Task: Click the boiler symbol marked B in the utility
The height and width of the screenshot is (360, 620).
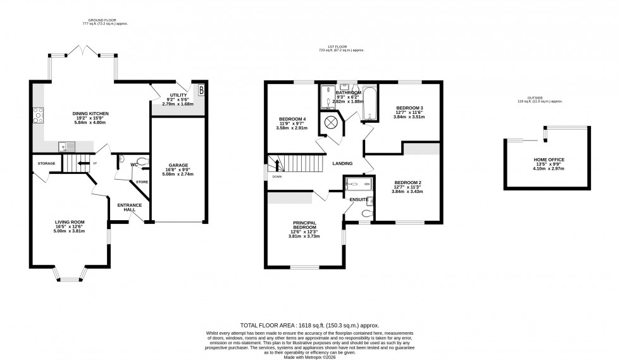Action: coord(201,90)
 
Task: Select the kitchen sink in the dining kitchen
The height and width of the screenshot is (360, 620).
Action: coord(66,147)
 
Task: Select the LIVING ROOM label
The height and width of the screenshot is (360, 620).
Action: coord(70,222)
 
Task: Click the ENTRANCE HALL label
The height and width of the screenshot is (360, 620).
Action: coord(129,208)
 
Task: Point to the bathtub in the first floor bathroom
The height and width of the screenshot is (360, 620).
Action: coord(369,101)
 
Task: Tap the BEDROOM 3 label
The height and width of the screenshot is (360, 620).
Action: coord(409,108)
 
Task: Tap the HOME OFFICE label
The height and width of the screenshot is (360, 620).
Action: coord(530,160)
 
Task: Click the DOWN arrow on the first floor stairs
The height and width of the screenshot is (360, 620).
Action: coord(276,166)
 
